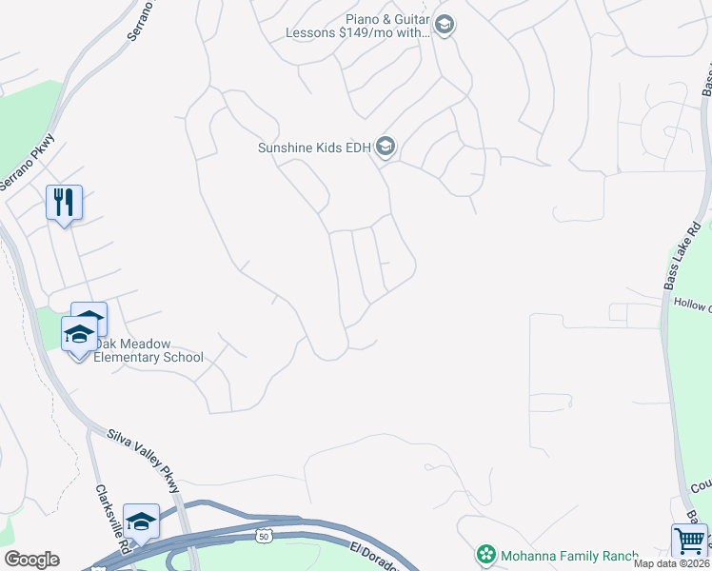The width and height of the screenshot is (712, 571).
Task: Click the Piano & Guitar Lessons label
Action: point(357,26)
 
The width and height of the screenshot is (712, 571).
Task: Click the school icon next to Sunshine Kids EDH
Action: point(386,148)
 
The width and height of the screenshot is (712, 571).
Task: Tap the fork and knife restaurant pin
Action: point(64,203)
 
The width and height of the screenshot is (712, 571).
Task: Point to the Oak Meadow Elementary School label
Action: point(148,351)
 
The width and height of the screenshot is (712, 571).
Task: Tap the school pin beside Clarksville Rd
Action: point(141,522)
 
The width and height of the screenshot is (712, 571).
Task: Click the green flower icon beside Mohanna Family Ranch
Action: point(486,554)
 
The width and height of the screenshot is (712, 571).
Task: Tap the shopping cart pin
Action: point(688,541)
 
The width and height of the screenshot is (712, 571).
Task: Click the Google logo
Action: point(31,560)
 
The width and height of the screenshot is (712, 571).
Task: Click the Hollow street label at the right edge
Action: point(693,307)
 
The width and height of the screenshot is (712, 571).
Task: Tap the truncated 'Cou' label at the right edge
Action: point(701,487)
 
